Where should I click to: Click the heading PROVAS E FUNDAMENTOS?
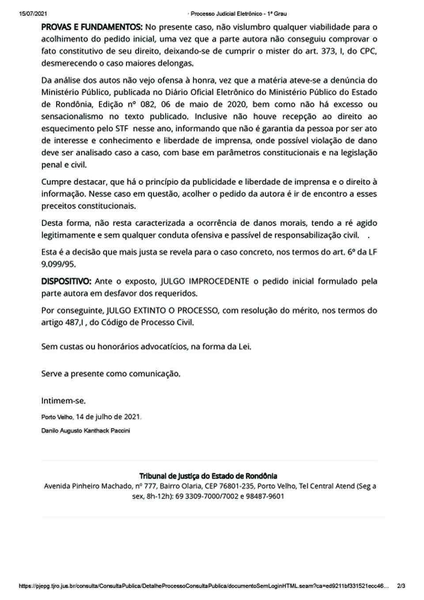[92, 27]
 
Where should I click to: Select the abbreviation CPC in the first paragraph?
[368, 51]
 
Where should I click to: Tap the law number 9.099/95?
[59, 264]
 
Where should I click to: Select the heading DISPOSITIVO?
[66, 281]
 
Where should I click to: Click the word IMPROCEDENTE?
[218, 281]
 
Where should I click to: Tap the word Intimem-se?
[63, 401]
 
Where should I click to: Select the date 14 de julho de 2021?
[108, 417]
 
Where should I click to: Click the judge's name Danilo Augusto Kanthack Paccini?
[86, 430]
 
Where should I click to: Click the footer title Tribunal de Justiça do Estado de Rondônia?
[208, 476]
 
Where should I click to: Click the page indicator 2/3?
[401, 586]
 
